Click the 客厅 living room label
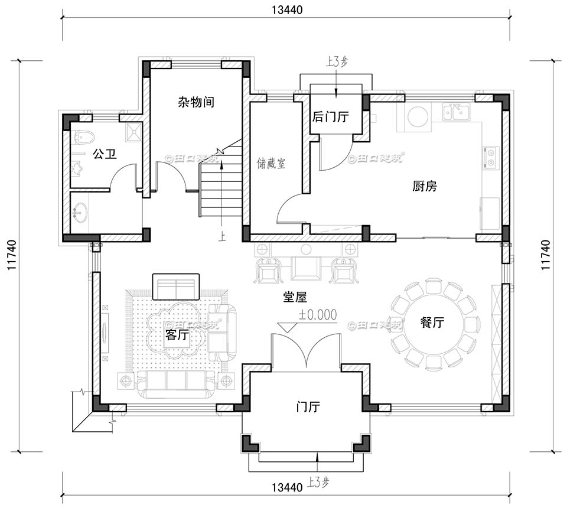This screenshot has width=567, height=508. pos(177,335)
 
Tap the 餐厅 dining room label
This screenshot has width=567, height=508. pos(432,323)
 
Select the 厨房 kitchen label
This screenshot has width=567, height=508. pos(424,187)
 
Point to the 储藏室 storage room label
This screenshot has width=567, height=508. pos(271,163)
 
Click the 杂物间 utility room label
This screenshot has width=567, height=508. pos(195,102)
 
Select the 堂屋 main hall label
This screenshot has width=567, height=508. pos(294,297)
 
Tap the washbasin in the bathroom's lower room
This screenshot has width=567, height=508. pos(80,211)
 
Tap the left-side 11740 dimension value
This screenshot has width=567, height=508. pos(11,255)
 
